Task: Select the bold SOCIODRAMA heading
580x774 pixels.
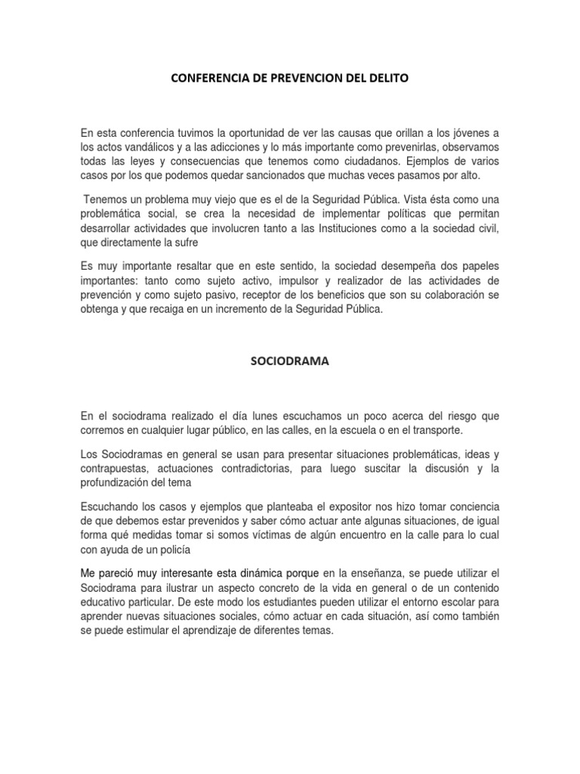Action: point(290,362)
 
